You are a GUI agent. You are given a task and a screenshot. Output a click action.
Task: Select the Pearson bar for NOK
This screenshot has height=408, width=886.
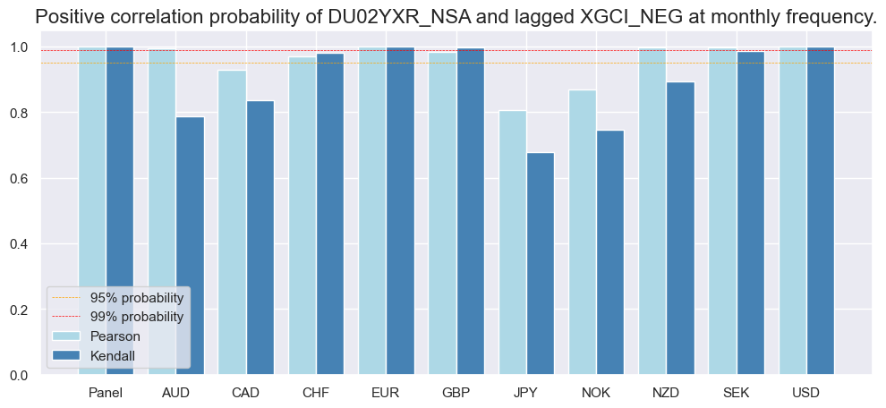[583, 233]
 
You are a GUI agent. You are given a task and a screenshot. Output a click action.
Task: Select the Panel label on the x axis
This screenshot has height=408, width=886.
[106, 393]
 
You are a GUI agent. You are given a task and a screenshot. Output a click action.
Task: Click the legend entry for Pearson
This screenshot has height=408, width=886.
[115, 336]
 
